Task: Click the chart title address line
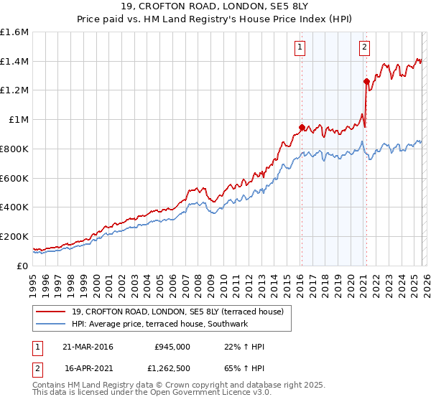click(215, 7)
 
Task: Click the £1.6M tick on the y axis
click(14, 32)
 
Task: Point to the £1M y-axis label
click(19, 120)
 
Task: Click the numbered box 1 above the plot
click(300, 48)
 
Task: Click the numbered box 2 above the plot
click(364, 48)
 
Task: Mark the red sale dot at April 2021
click(366, 81)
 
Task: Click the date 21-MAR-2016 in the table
click(88, 346)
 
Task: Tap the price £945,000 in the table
click(172, 346)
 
